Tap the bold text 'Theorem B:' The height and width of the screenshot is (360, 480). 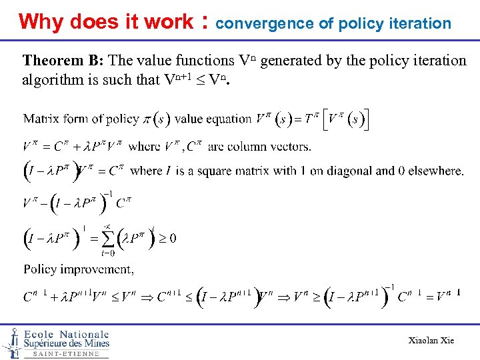click(63, 61)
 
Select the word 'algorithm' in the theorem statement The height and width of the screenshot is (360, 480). click(53, 80)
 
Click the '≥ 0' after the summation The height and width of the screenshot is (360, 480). click(168, 238)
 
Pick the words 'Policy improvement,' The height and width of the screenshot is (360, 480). click(79, 269)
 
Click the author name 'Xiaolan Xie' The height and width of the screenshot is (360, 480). click(431, 341)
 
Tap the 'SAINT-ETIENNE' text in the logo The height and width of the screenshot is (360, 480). click(66, 354)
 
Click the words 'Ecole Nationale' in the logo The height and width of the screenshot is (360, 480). click(66, 334)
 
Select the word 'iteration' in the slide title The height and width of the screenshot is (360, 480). click(423, 24)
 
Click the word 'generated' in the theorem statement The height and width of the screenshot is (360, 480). click(291, 61)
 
